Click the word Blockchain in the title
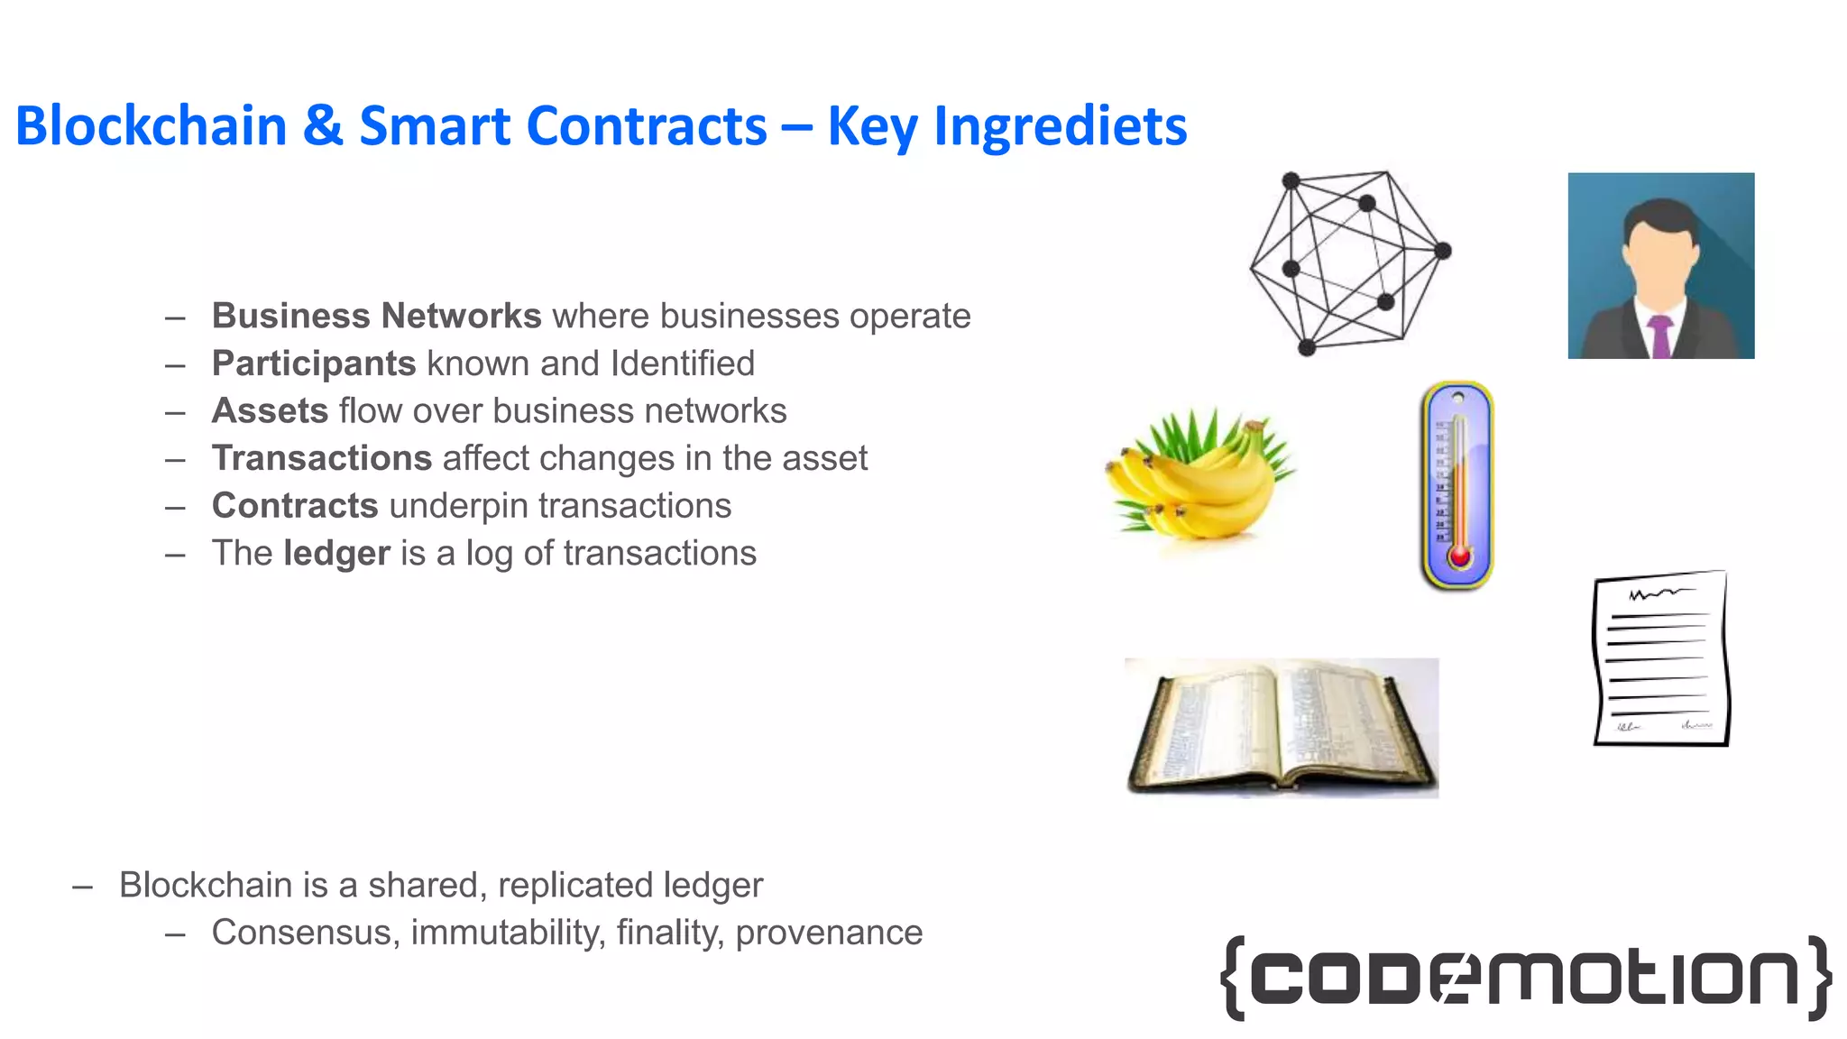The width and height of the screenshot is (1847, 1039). pyautogui.click(x=151, y=126)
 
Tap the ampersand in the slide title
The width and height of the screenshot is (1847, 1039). pyautogui.click(x=322, y=126)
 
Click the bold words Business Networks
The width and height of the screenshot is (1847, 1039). pyautogui.click(x=376, y=317)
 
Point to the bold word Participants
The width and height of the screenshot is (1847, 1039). pyautogui.click(x=313, y=363)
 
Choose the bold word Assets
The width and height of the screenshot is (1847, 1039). pyautogui.click(x=270, y=411)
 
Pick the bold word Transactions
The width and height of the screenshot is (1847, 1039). pyautogui.click(x=321, y=458)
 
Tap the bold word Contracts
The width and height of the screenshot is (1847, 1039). pyautogui.click(x=294, y=506)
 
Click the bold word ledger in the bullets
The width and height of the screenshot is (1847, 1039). pyautogui.click(x=336, y=554)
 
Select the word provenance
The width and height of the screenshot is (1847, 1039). pyautogui.click(x=829, y=933)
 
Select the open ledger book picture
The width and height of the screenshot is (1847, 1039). pyautogui.click(x=1282, y=727)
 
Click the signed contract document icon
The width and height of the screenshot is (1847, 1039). pyautogui.click(x=1661, y=658)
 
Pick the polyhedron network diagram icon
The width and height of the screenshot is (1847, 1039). pyautogui.click(x=1349, y=262)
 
